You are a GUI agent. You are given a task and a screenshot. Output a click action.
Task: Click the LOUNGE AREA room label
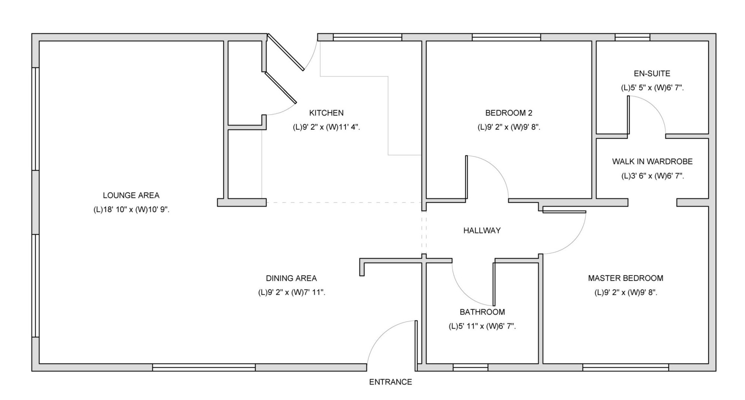pos(131,195)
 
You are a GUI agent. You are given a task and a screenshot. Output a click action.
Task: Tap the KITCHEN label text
pos(326,113)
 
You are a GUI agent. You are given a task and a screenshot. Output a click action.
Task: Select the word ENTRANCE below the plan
pos(390,382)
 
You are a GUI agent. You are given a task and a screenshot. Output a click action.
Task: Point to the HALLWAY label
pos(482,231)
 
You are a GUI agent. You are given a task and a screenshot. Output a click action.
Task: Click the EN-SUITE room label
pos(652,74)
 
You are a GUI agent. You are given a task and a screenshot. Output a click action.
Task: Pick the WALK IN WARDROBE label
pos(652,162)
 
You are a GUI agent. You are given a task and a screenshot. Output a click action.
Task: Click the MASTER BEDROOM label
pos(625,278)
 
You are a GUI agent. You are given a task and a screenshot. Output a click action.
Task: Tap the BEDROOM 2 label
pos(509,113)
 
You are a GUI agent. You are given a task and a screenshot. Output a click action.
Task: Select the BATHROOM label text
pos(482,312)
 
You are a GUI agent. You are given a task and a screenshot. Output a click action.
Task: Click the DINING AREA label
pos(291,278)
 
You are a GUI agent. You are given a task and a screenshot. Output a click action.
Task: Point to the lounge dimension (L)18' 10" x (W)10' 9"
pos(131,210)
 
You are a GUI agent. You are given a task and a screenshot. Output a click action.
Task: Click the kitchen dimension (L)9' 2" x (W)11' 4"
pos(326,127)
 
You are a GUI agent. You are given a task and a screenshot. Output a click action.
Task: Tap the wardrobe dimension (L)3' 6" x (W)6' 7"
pos(652,176)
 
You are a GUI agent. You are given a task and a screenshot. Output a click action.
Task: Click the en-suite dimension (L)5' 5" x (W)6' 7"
pos(652,88)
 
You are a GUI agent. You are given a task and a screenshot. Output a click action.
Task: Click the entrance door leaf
pos(416,346)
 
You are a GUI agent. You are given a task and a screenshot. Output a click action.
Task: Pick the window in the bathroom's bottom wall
pos(470,368)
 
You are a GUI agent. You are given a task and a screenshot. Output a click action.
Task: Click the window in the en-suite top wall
pos(632,37)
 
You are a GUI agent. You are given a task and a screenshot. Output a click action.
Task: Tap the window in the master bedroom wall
pos(626,368)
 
